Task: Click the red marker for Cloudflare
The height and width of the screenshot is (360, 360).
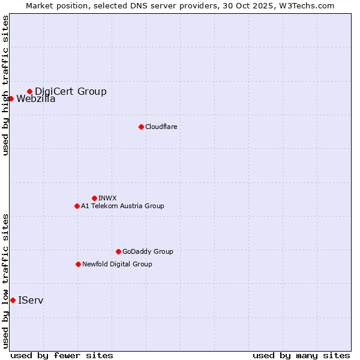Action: pyautogui.click(x=141, y=127)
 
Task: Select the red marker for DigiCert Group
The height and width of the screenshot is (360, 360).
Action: pyautogui.click(x=29, y=91)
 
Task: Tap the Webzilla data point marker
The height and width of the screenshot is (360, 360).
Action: pyautogui.click(x=11, y=98)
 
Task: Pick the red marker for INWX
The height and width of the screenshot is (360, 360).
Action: pyautogui.click(x=94, y=198)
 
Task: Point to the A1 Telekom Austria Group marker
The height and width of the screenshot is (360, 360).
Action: pyautogui.click(x=77, y=206)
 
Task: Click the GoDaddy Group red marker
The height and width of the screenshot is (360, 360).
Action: pyautogui.click(x=118, y=251)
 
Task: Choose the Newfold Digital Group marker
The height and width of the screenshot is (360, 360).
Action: pyautogui.click(x=78, y=264)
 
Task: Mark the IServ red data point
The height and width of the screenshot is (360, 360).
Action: pyautogui.click(x=13, y=300)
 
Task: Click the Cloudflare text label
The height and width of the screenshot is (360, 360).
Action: pyautogui.click(x=161, y=127)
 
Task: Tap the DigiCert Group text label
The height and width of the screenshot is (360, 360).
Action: pyautogui.click(x=71, y=91)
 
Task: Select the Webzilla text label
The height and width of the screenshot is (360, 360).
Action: pyautogui.click(x=36, y=99)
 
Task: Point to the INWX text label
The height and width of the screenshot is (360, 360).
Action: pyautogui.click(x=107, y=198)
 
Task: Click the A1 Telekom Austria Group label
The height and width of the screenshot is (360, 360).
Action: pyautogui.click(x=122, y=206)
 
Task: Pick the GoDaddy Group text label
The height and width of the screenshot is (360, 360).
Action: pyautogui.click(x=148, y=251)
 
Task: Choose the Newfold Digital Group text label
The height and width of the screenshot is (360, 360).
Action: pyautogui.click(x=117, y=264)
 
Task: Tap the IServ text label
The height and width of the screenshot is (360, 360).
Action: pyautogui.click(x=31, y=300)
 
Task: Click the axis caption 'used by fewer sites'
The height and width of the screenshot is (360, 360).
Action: pyautogui.click(x=62, y=355)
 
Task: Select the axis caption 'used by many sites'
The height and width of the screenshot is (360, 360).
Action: pyautogui.click(x=301, y=355)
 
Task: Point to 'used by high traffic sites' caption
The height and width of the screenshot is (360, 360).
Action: pyautogui.click(x=5, y=85)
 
